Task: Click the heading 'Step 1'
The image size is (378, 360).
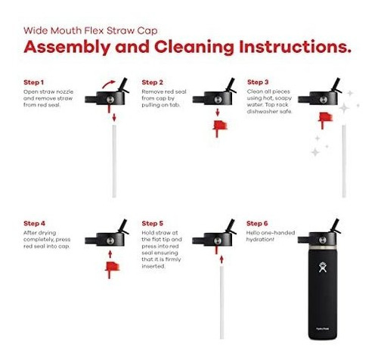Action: [33, 82]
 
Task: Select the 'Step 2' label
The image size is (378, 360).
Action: [152, 82]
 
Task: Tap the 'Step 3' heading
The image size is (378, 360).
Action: [258, 82]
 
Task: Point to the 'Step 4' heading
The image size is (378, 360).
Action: [34, 223]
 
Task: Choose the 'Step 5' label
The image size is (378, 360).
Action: [152, 223]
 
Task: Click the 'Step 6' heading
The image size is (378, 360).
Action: [257, 223]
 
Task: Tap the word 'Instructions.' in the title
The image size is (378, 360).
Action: [295, 47]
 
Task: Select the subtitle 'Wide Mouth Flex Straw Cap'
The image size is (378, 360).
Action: [91, 31]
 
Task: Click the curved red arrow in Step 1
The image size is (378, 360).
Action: [108, 84]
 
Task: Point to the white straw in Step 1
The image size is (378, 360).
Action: [114, 161]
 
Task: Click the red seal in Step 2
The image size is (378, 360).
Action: [219, 128]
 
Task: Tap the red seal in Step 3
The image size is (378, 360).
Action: [325, 119]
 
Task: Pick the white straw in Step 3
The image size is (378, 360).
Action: [344, 161]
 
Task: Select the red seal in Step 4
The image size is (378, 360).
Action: [112, 269]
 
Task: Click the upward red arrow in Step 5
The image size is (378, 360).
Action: [222, 259]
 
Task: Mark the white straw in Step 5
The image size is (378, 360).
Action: [222, 303]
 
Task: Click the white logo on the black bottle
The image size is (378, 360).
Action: [323, 267]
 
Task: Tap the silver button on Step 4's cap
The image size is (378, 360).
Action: [110, 241]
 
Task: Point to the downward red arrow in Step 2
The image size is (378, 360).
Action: [218, 112]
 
